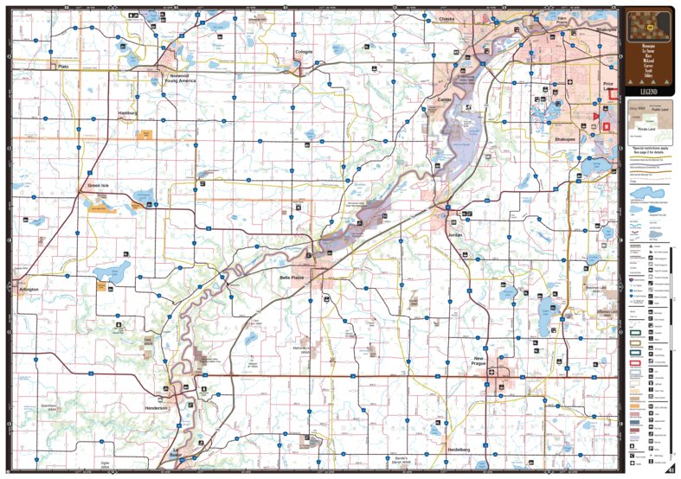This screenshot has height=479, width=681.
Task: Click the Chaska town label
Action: point(446,18)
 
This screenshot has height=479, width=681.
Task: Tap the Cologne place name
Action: point(304,52)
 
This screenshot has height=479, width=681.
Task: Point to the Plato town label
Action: point(62,66)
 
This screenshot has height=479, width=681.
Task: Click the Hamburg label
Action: point(128,113)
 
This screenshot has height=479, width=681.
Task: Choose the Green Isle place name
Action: point(98,185)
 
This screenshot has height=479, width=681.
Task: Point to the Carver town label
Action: point(446,99)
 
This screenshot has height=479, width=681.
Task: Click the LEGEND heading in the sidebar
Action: point(649,91)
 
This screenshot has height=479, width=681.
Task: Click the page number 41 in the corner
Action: point(671,469)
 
